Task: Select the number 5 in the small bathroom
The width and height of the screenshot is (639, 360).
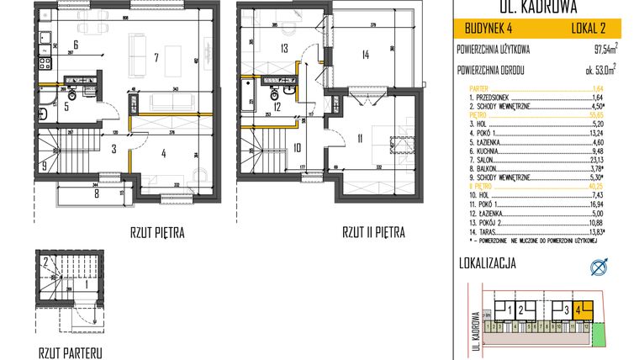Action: coord(54,106)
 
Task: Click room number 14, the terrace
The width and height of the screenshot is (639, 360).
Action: coord(364,56)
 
